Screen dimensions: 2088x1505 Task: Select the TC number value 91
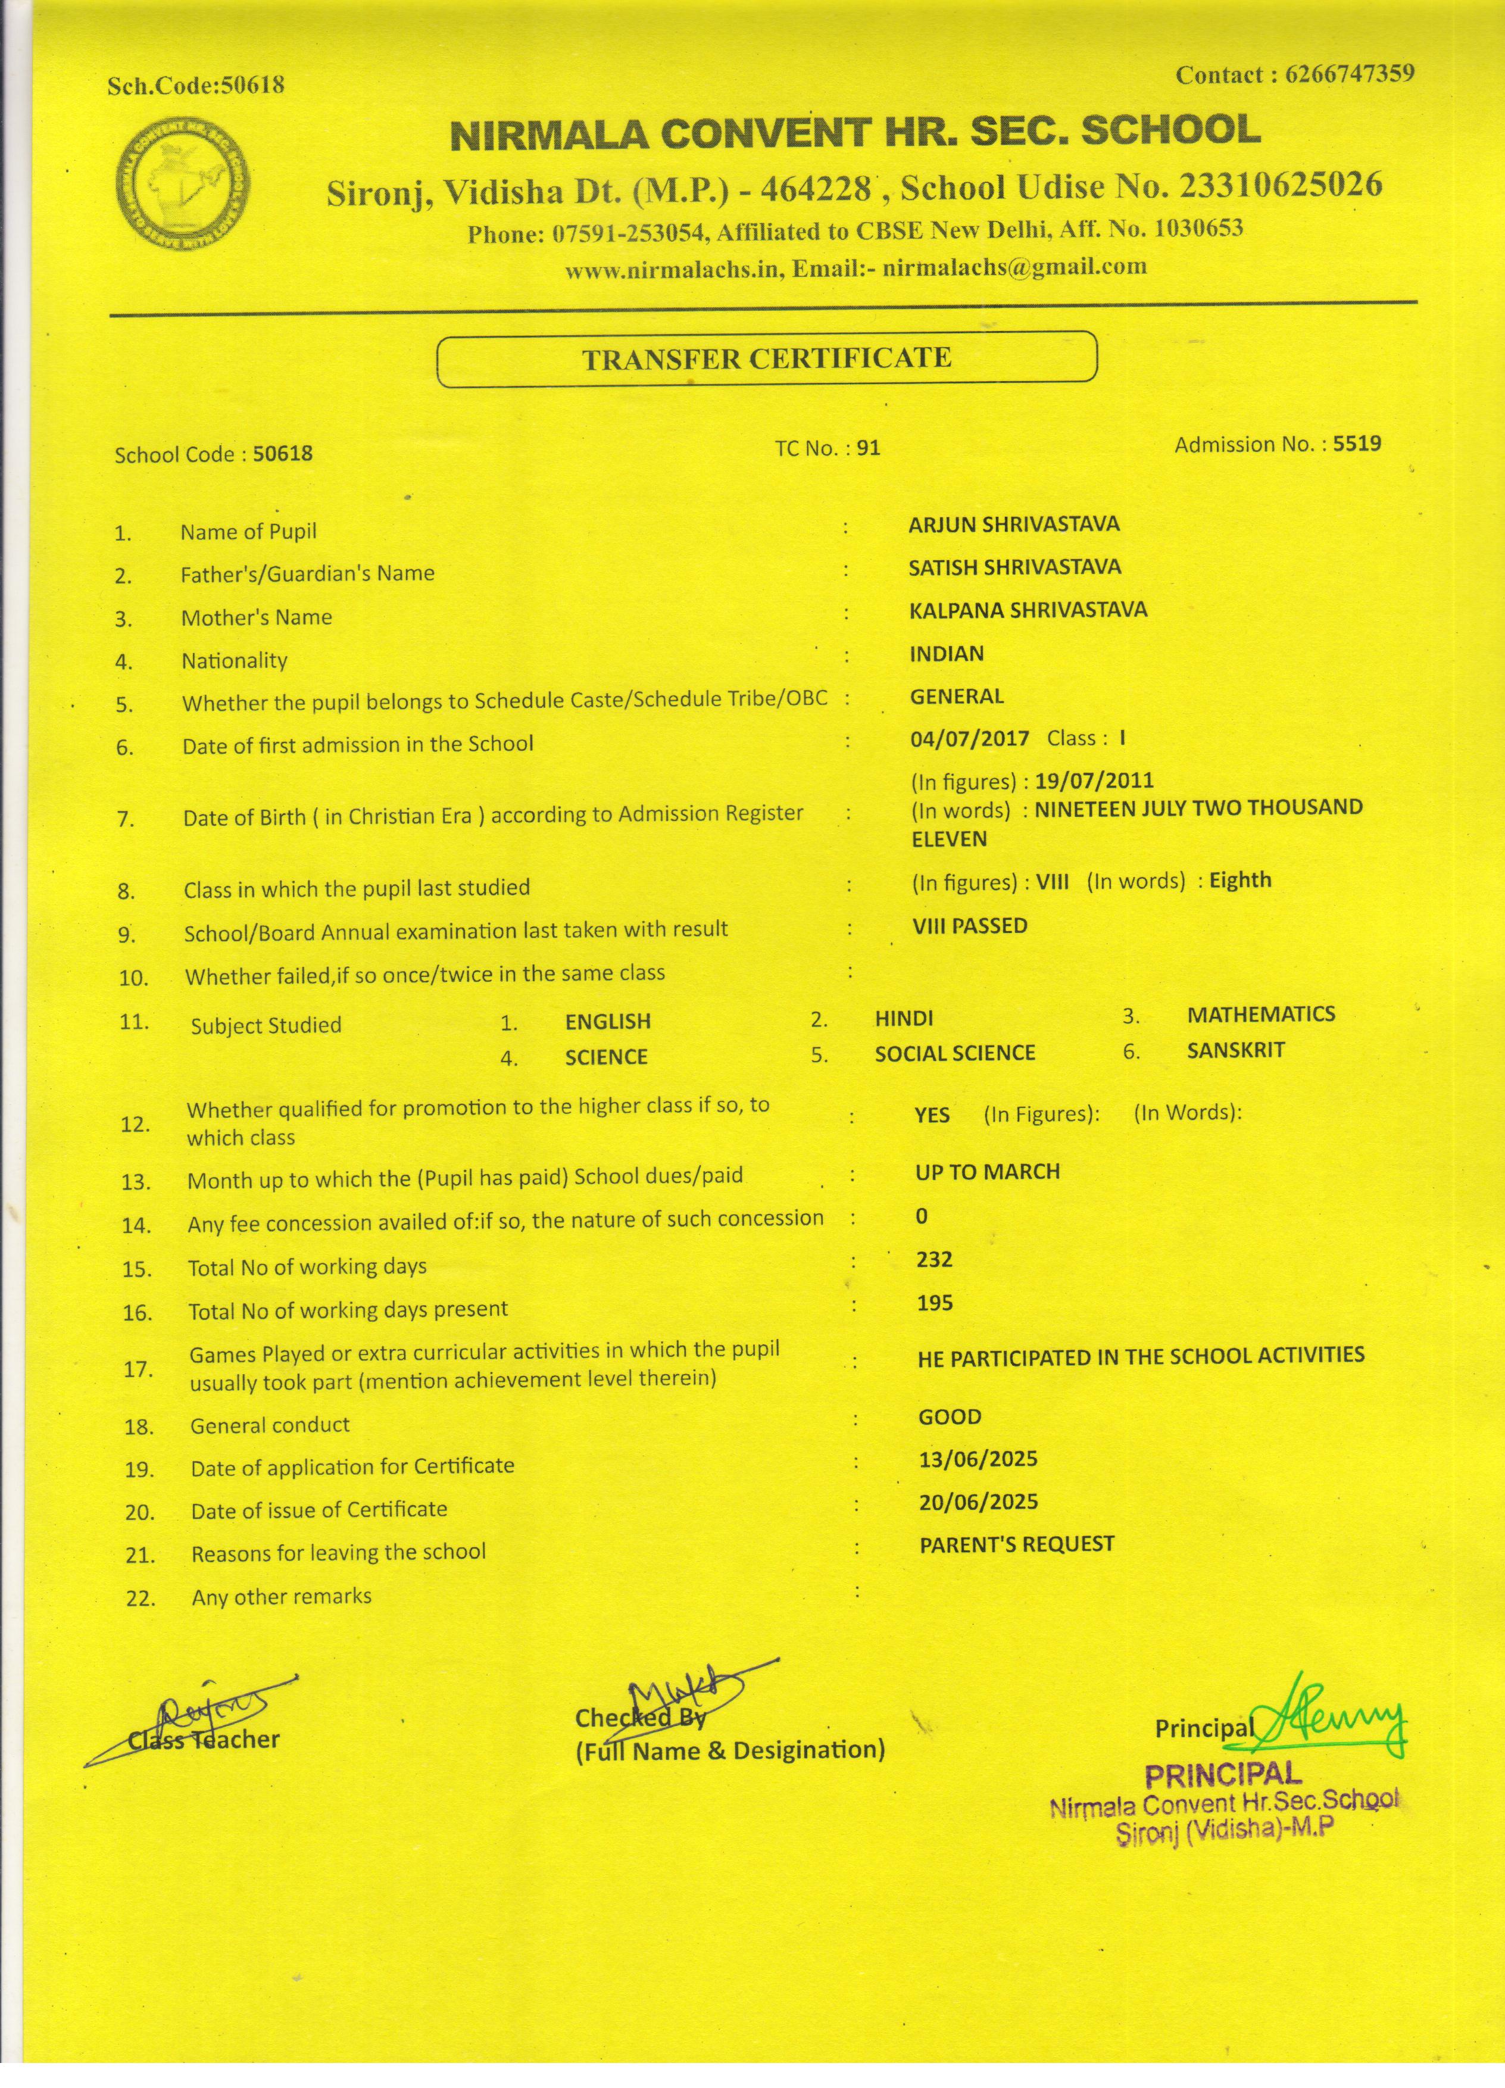coord(868,448)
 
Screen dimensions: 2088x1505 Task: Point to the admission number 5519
coord(1357,444)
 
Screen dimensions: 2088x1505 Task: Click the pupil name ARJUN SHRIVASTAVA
coord(1013,525)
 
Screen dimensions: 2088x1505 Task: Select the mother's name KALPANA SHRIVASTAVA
coord(1028,610)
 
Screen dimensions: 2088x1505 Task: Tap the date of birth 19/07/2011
coord(1094,781)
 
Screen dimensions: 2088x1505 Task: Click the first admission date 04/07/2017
coord(969,738)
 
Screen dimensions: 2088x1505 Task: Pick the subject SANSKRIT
coord(1235,1050)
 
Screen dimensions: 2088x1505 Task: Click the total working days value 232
coord(933,1259)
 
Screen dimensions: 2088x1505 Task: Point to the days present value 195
coord(934,1303)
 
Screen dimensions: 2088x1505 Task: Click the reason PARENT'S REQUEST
coord(1016,1544)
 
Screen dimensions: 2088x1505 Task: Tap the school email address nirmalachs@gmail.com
coord(1014,268)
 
